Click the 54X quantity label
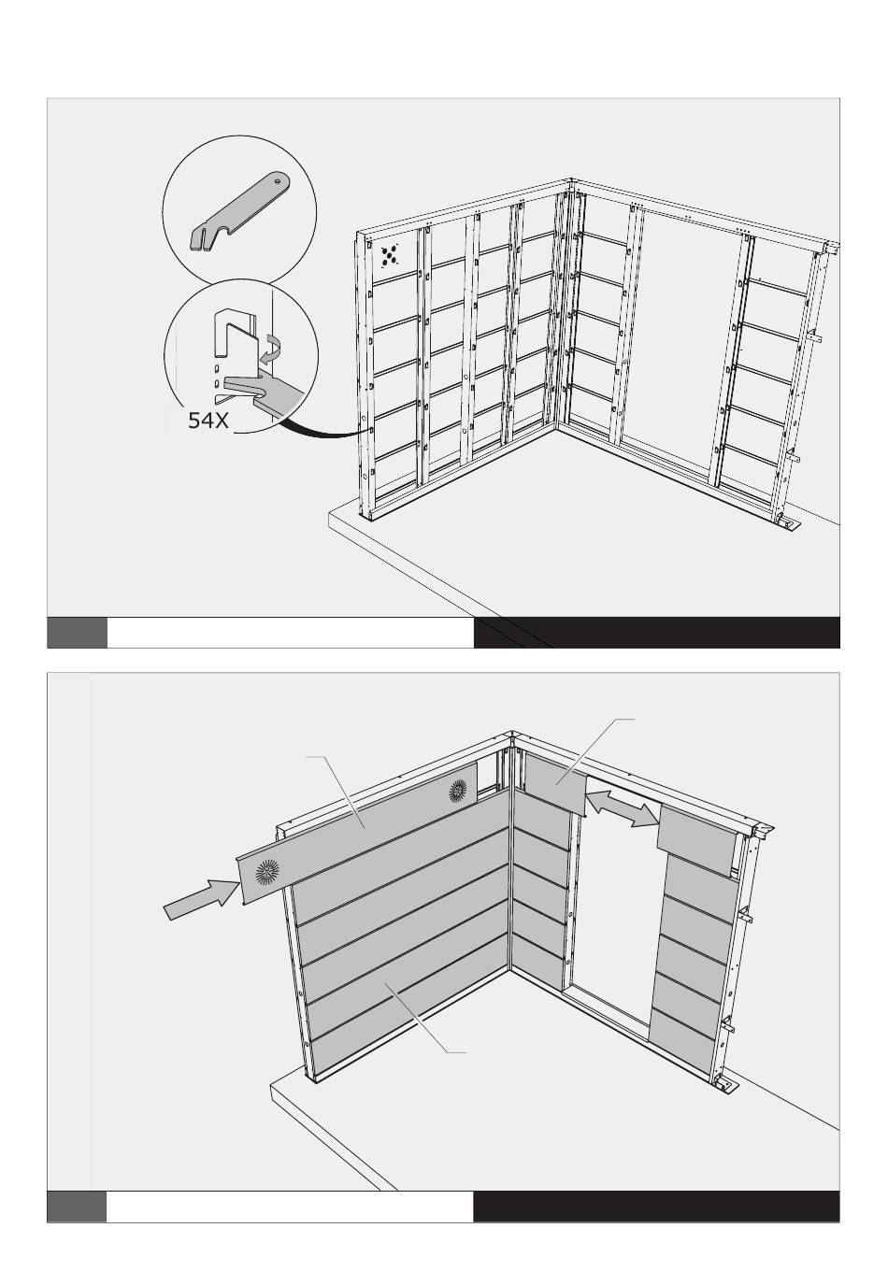point(208,421)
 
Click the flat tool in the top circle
point(239,211)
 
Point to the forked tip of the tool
point(198,239)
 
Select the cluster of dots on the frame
point(389,255)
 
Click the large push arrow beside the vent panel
point(200,900)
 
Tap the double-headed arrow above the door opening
point(623,809)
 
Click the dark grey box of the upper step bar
point(77,632)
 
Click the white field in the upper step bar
point(290,632)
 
